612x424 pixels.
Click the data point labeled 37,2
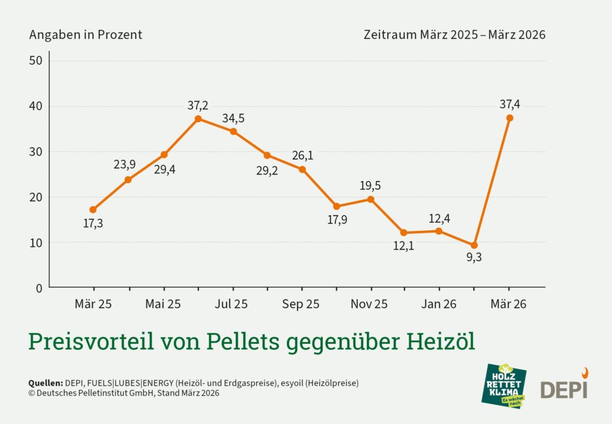tap(198, 118)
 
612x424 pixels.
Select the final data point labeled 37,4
tap(509, 118)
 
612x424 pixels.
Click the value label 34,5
tap(233, 118)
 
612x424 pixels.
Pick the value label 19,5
tap(370, 185)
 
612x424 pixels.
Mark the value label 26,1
tap(302, 155)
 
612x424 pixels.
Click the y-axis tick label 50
tap(36, 61)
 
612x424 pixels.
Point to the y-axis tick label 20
tap(36, 197)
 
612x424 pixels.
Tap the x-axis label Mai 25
tap(163, 304)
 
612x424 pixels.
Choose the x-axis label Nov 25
tap(370, 304)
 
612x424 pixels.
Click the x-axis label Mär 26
tap(509, 304)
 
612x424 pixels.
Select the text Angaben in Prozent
tap(85, 35)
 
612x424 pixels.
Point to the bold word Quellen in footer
tap(45, 383)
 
